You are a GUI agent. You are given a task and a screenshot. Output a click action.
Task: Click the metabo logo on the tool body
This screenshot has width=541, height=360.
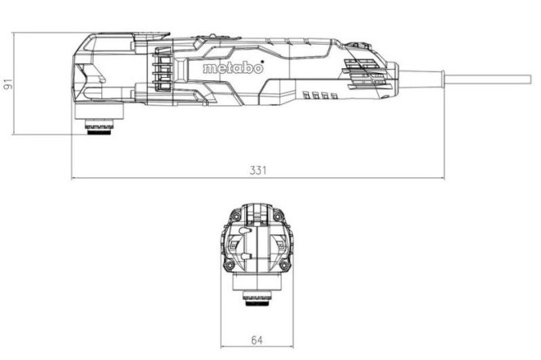click(232, 69)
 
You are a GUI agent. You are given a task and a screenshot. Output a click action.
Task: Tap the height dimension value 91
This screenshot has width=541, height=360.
click(9, 84)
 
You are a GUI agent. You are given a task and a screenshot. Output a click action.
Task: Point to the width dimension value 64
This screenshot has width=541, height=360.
click(257, 340)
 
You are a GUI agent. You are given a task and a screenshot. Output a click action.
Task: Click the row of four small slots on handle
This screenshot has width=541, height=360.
click(318, 96)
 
